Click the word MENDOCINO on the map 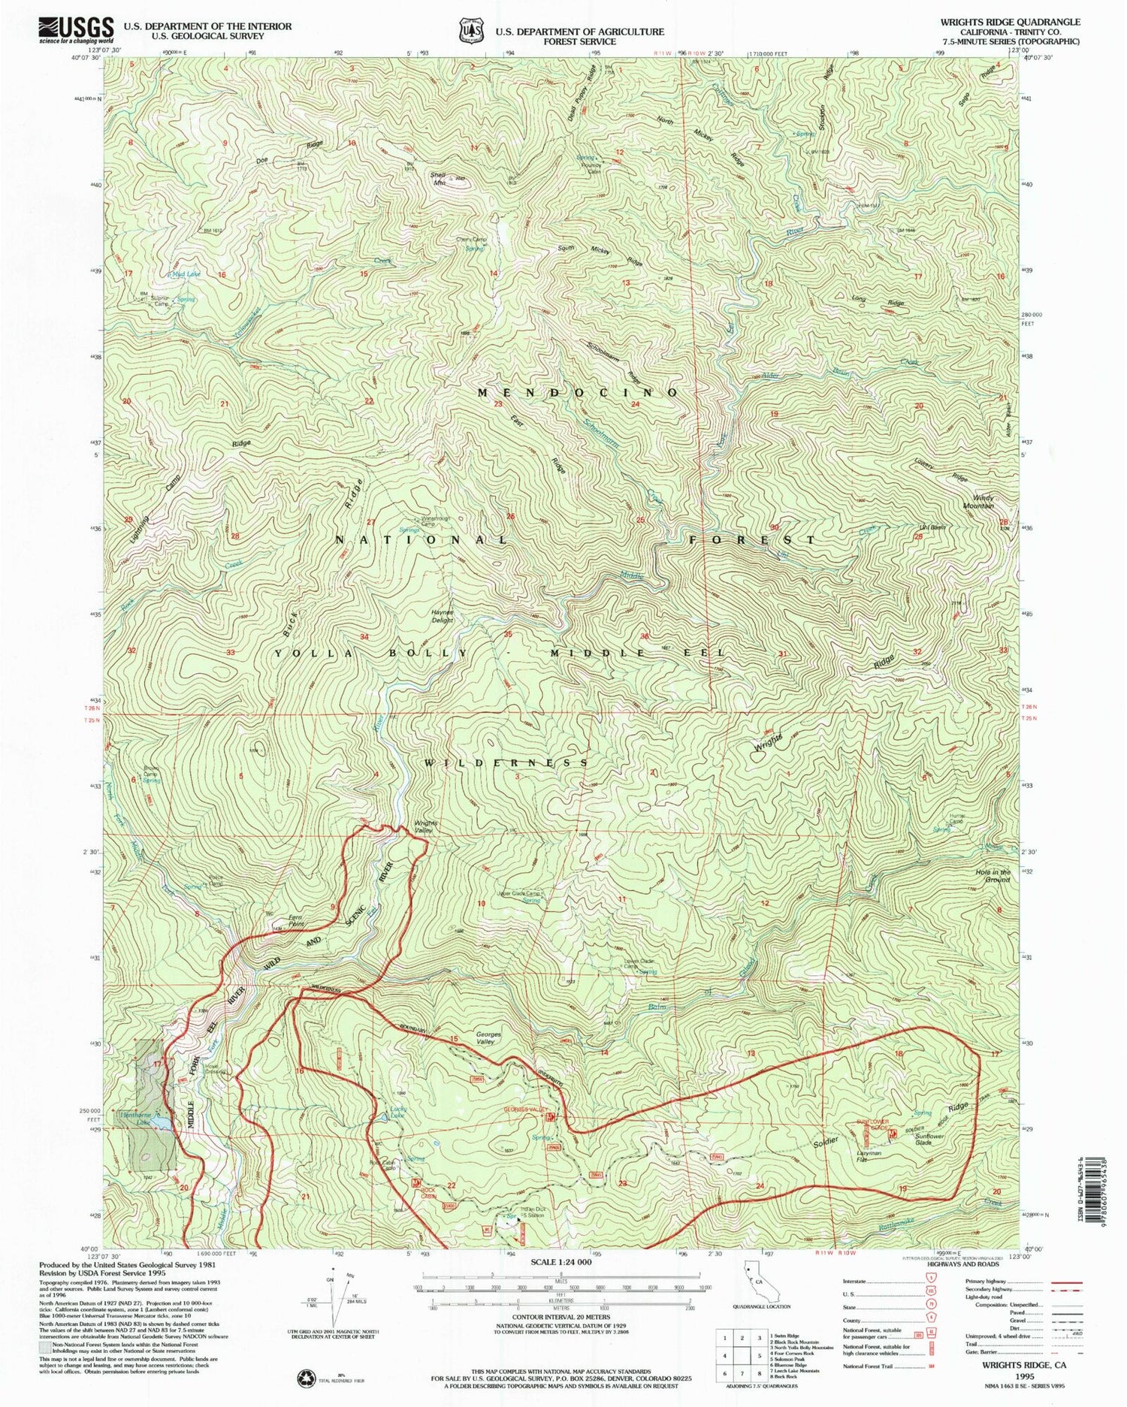coord(579,392)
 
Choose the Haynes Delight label coord(442,615)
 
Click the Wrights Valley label coord(425,827)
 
